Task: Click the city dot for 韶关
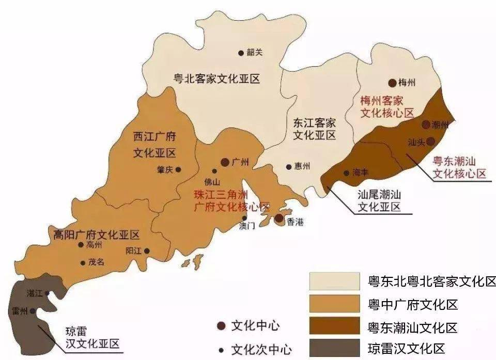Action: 241,53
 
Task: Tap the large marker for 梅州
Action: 392,83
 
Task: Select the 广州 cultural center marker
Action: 225,162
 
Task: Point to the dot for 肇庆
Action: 178,169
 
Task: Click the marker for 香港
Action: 279,218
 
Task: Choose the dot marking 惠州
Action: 289,167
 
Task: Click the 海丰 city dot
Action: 346,173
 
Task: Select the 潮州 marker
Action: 426,124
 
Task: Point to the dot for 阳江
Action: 147,251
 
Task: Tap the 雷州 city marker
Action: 33,311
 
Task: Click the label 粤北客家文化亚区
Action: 216,79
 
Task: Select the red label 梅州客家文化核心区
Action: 387,106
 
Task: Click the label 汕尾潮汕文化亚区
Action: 379,201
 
